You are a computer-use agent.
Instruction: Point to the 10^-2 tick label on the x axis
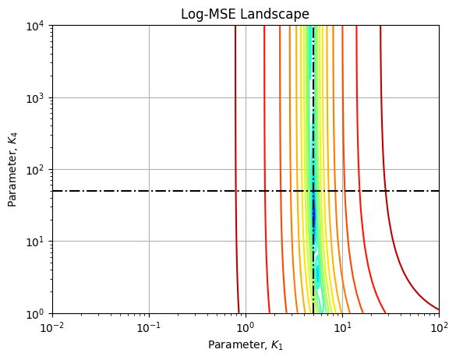[52, 326]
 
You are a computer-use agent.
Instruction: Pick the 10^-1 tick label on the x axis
[149, 326]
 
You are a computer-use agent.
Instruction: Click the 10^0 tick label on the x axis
[246, 326]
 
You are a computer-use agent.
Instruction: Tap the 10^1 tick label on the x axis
[342, 326]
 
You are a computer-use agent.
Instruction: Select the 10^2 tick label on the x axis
[439, 326]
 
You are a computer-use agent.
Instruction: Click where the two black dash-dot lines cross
[313, 191]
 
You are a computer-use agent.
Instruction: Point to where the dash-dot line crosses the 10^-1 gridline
[149, 191]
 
